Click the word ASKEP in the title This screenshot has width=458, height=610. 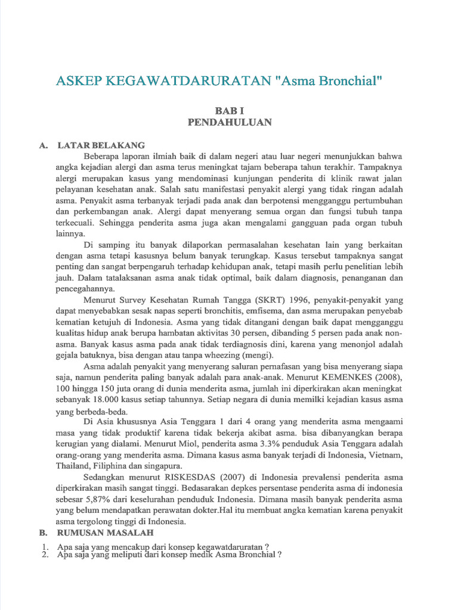78,81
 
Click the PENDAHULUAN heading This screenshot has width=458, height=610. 230,122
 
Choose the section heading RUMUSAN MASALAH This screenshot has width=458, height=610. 106,531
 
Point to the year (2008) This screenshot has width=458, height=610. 388,378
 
